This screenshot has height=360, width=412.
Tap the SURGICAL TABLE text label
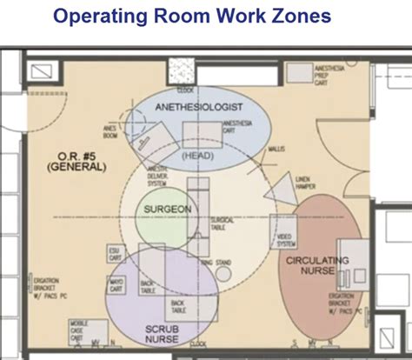(223, 221)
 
